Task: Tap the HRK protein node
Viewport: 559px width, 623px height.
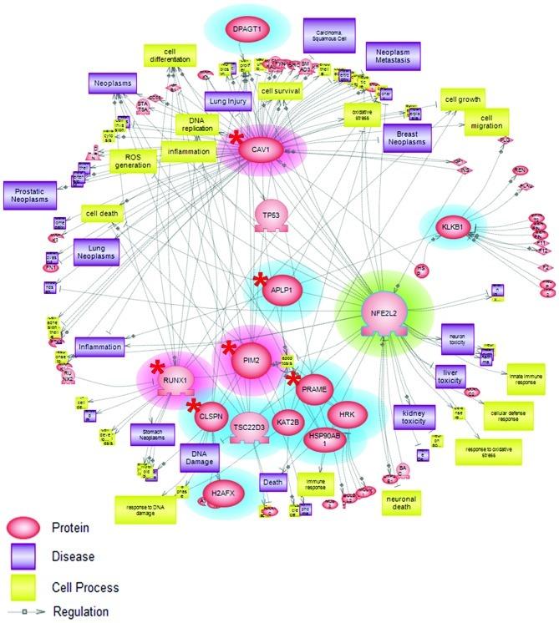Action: tap(345, 413)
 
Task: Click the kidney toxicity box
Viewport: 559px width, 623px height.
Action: tap(414, 418)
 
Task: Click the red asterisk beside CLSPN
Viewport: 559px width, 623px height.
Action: tap(194, 406)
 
